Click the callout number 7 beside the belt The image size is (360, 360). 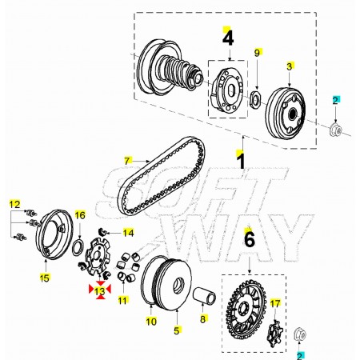127,161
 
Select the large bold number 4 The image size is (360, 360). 228,38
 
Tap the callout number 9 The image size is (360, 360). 257,53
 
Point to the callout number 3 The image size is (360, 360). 290,66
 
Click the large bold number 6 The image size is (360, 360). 250,239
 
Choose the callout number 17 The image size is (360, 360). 275,303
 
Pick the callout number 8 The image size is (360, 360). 203,318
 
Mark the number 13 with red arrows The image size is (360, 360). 100,291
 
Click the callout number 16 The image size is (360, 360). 80,215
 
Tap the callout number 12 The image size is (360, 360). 14,204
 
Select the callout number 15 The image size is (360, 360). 45,278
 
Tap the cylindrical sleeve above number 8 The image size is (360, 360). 204,295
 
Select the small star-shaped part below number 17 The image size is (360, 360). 275,334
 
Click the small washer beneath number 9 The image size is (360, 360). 256,100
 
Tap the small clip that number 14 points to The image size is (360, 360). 102,232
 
